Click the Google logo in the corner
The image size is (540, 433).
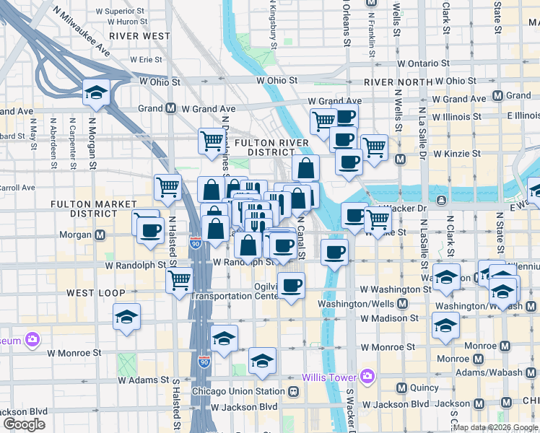click(x=24, y=424)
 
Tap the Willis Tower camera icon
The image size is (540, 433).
click(x=367, y=376)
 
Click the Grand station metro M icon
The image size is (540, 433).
click(x=171, y=108)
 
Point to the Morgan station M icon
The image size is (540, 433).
click(x=100, y=235)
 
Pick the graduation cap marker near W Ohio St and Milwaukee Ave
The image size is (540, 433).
click(x=96, y=92)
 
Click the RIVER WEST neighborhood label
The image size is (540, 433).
click(x=140, y=35)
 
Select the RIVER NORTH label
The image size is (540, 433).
click(x=399, y=82)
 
